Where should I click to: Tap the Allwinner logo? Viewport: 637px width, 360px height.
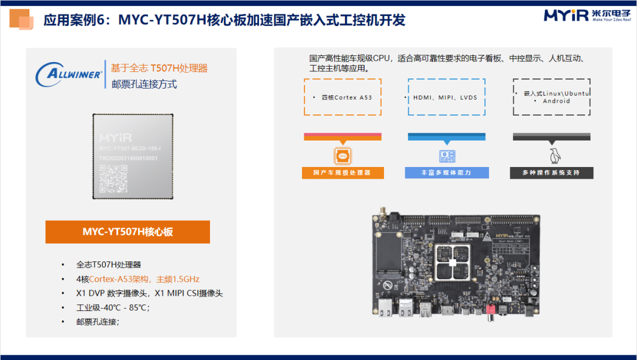click(x=69, y=75)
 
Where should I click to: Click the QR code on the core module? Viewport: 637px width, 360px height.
click(x=113, y=179)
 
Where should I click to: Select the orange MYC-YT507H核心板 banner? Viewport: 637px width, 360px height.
click(x=127, y=232)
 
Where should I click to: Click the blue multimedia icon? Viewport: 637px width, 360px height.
click(x=446, y=156)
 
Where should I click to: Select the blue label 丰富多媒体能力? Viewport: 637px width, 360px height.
click(x=446, y=173)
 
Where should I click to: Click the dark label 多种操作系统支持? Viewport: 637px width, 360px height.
click(x=551, y=173)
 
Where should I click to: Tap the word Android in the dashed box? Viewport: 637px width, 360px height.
click(x=556, y=101)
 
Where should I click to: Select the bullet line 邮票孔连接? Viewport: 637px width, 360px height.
click(x=98, y=322)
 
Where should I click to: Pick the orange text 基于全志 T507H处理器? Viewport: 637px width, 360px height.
click(x=159, y=68)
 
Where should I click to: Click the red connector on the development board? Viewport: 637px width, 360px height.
click(x=489, y=311)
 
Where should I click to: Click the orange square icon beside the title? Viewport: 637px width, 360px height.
click(x=22, y=21)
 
